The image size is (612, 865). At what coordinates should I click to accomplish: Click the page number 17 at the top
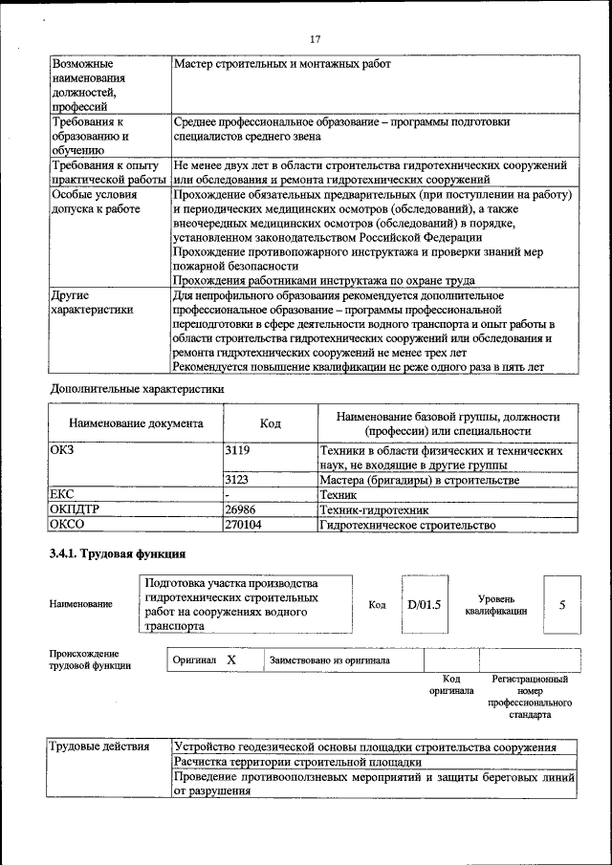[315, 39]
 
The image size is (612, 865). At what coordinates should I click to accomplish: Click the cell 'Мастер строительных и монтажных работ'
[282, 64]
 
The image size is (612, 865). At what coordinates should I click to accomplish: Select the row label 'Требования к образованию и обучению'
[91, 136]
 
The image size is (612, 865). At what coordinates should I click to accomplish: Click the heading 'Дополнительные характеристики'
[137, 389]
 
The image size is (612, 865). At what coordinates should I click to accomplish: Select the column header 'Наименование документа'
[136, 422]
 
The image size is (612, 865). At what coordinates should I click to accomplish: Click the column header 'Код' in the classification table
[270, 422]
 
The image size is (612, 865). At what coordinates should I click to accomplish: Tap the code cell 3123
[238, 480]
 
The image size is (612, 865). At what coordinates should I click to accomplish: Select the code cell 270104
[244, 525]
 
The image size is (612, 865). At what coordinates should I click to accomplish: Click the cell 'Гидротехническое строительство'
[407, 525]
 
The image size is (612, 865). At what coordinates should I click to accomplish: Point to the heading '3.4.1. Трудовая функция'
[117, 554]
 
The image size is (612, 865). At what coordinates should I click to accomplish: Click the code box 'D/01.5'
[424, 604]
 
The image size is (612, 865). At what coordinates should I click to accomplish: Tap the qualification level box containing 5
[562, 604]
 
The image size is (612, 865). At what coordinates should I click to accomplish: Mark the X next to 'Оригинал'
[230, 660]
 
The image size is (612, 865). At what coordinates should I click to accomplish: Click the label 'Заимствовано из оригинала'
[329, 660]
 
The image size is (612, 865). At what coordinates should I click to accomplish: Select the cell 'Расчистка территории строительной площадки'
[297, 762]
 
